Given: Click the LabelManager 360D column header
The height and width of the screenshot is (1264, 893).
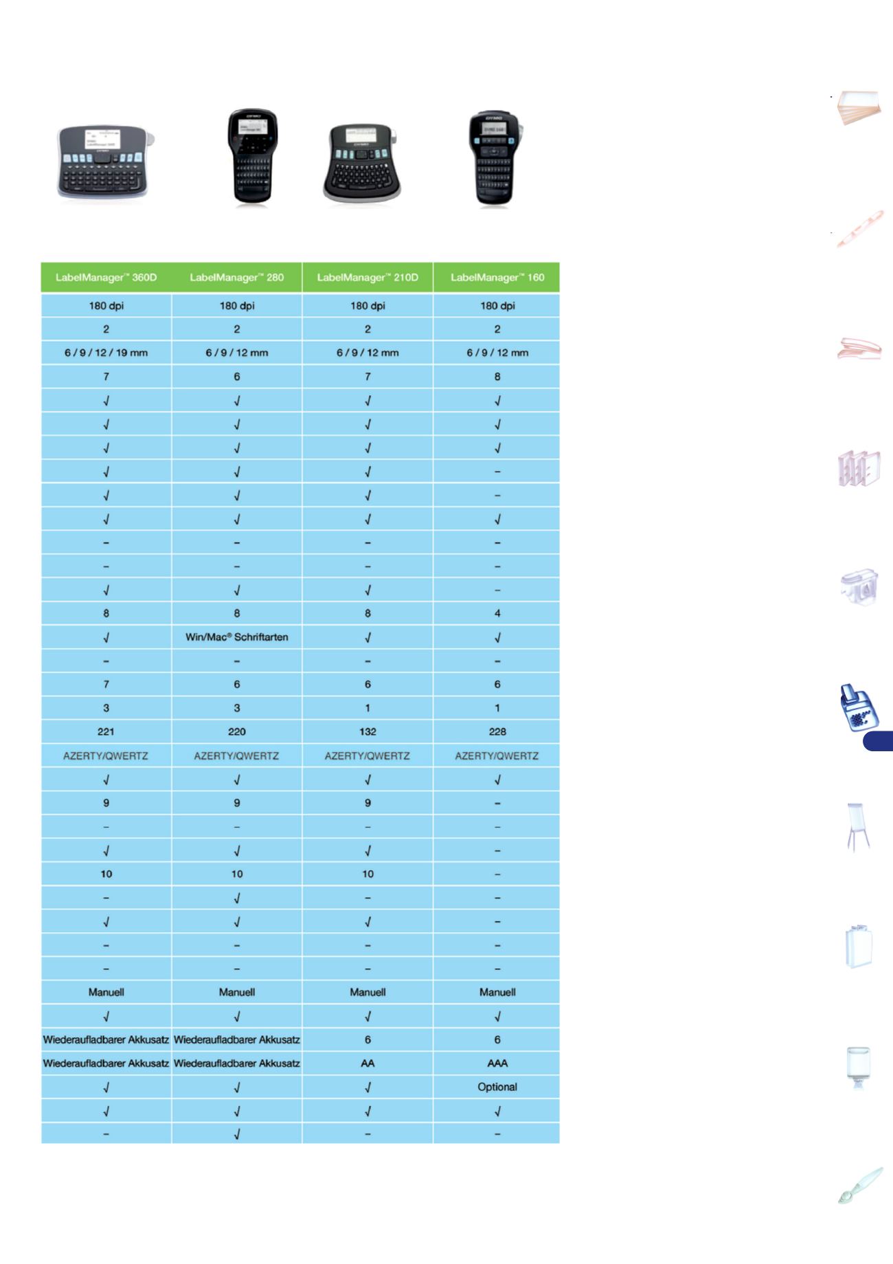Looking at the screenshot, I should point(106,278).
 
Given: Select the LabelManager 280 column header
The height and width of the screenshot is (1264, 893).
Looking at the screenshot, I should point(236,278).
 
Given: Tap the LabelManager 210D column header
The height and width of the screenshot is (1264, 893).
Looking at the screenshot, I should point(368,278).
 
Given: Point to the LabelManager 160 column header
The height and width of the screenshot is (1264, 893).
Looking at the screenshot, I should point(497,278).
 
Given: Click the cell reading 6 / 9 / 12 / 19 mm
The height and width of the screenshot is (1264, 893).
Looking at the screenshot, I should point(106,353).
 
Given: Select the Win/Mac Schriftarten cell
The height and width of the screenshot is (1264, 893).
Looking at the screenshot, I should point(236,637).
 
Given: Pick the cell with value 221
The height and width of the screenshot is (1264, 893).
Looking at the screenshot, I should point(106,731).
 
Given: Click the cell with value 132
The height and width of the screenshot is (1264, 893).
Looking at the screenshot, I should point(368,731).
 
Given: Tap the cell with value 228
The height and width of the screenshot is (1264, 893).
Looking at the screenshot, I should point(497,731).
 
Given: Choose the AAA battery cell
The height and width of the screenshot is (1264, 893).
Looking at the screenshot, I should point(497,1063).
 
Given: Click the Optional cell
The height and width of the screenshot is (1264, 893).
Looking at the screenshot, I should point(497,1087).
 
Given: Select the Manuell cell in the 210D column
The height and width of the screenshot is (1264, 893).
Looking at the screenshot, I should point(368,993).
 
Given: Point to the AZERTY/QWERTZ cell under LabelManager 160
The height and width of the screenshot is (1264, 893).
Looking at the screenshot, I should point(497,755).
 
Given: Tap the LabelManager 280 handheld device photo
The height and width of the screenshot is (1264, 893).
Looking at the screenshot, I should point(252,157).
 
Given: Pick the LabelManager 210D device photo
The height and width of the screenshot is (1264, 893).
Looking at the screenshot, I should point(362,164).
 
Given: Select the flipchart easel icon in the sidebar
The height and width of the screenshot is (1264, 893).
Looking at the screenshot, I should point(858,828).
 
